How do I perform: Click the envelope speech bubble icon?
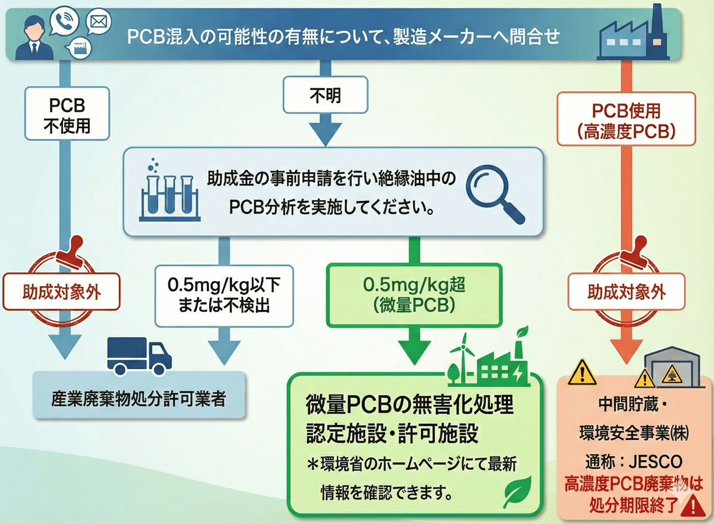coord(98,22)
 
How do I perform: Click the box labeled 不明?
coord(325,95)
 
